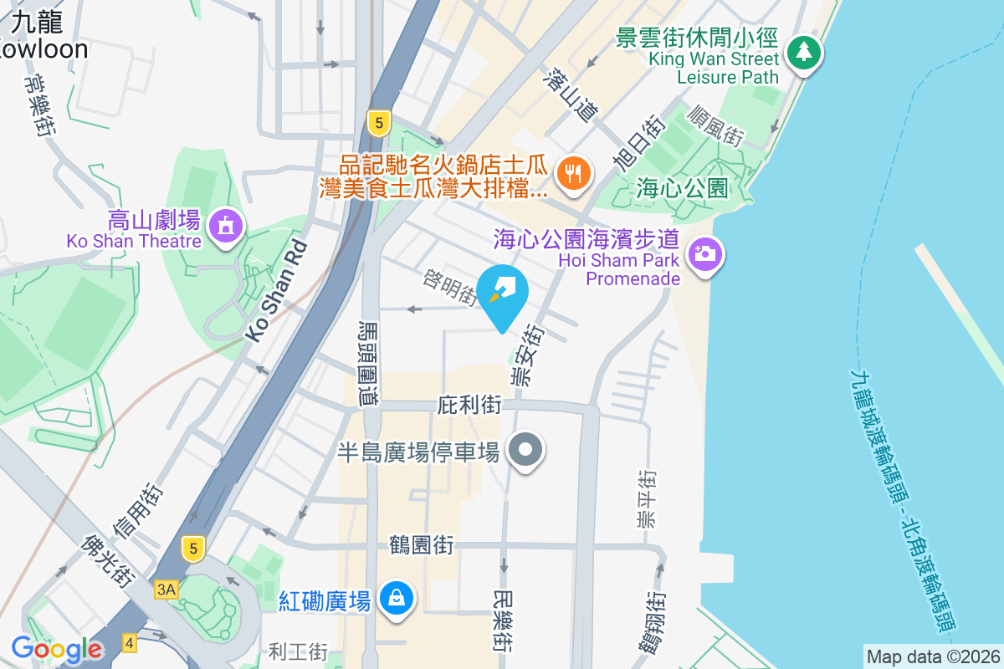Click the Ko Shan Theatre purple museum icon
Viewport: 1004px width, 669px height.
(x=225, y=225)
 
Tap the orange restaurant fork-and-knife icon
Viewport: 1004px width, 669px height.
(x=573, y=174)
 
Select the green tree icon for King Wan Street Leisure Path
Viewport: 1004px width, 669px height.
(x=804, y=52)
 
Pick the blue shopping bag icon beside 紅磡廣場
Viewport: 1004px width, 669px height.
(x=393, y=599)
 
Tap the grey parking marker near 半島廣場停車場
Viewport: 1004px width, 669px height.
(x=525, y=451)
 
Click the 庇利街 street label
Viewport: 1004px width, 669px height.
(x=469, y=406)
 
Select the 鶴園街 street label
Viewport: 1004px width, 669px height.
(x=422, y=546)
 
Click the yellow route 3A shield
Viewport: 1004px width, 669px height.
(x=166, y=590)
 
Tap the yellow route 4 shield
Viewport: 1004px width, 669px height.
(x=129, y=643)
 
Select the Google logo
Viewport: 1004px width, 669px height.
(x=56, y=649)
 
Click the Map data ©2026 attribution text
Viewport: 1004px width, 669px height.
(x=932, y=656)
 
